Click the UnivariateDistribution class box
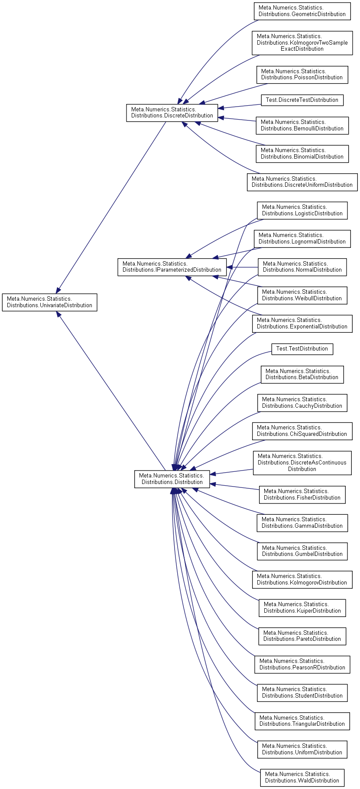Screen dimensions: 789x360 [49, 302]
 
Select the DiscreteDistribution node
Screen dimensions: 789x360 [172, 113]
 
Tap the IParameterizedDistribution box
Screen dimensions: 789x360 [172, 267]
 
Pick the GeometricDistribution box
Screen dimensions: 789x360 [302, 11]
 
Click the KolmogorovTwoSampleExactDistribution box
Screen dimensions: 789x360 [302, 42]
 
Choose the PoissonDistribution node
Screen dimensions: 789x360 [302, 75]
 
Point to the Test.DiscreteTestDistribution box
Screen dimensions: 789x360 [302, 100]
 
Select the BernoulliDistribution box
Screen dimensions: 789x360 [302, 125]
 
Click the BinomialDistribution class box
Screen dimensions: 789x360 [302, 154]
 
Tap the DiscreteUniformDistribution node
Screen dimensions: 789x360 [302, 182]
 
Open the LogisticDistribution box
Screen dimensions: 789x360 [302, 210]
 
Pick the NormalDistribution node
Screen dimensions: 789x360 [302, 267]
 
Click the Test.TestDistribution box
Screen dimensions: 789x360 [302, 349]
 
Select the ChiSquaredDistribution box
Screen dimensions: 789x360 [302, 431]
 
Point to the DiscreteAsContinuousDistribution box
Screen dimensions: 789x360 [302, 463]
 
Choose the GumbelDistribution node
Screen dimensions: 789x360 [302, 551]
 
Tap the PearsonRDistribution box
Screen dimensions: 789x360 [302, 664]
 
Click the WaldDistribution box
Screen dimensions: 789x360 [302, 777]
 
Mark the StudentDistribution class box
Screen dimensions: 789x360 [302, 692]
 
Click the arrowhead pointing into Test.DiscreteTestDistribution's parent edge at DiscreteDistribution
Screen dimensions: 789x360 [221, 108]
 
